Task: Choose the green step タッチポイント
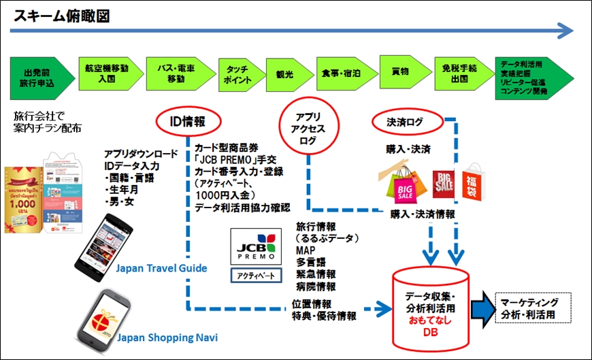(236, 73)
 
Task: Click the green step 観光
(286, 73)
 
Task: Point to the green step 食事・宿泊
(339, 73)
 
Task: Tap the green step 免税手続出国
(459, 73)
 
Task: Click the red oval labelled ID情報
(186, 122)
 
